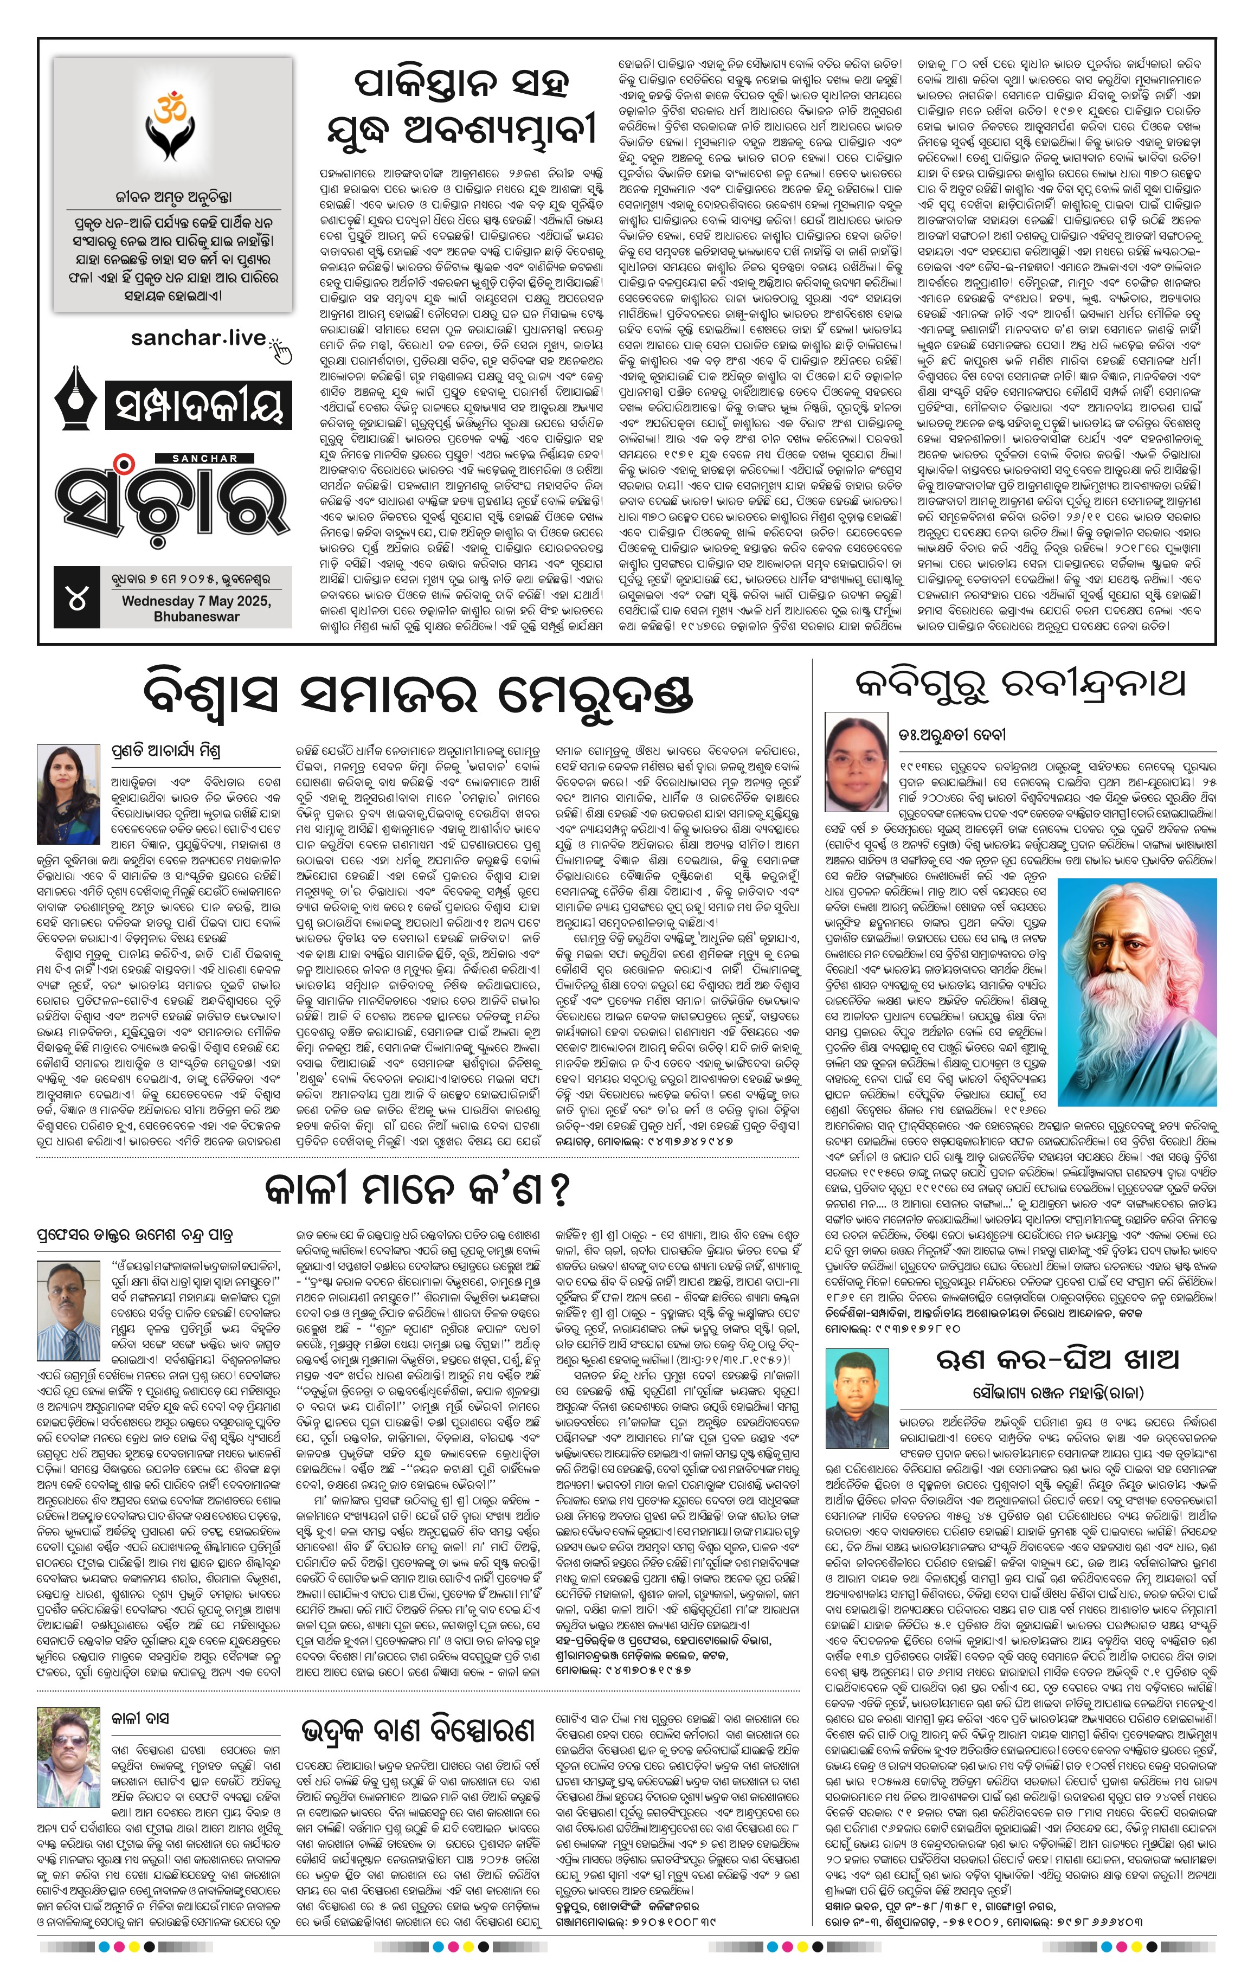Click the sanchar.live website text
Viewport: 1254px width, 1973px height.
198,338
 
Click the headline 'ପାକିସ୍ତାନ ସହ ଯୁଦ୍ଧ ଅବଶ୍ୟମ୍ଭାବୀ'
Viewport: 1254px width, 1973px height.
464,106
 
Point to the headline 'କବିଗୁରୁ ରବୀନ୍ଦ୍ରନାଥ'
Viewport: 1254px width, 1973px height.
1020,683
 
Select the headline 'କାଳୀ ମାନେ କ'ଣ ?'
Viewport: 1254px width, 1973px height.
417,1190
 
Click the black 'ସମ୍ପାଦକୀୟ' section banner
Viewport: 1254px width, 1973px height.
197,406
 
